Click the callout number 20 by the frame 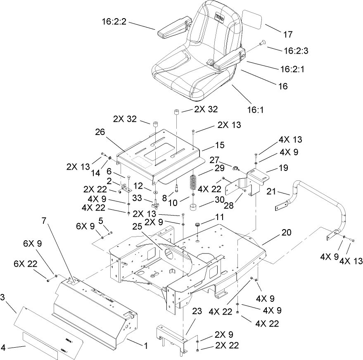[286, 232]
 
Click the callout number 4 [4, 348]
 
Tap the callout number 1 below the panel [145, 346]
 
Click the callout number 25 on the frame [138, 227]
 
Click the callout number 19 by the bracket [272, 168]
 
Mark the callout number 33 [149, 198]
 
